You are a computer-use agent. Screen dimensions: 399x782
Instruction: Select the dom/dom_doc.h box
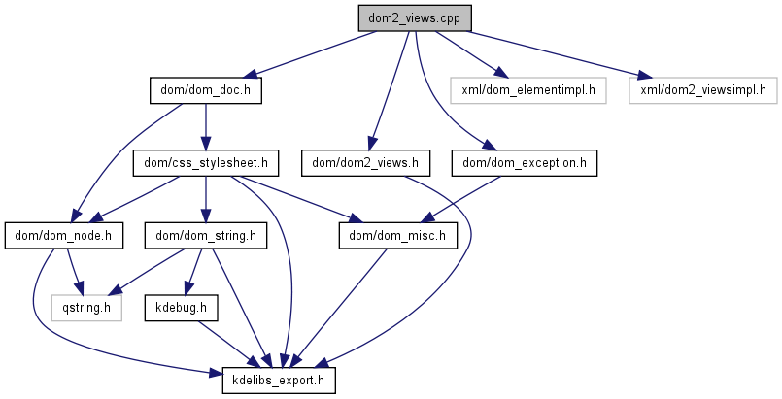(206, 90)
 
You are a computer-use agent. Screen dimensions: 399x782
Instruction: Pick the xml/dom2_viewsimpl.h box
(702, 90)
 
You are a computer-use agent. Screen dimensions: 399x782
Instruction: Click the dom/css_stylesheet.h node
(205, 162)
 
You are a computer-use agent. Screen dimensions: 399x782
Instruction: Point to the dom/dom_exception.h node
(525, 162)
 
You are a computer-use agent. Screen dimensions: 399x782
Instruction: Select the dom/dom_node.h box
(59, 234)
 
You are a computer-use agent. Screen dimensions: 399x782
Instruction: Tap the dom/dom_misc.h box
(396, 234)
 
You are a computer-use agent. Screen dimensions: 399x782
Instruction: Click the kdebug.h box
(181, 308)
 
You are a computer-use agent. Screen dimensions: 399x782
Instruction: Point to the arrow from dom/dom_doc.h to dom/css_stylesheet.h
(205, 126)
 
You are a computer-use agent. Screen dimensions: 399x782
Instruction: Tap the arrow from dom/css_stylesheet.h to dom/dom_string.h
(205, 198)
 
